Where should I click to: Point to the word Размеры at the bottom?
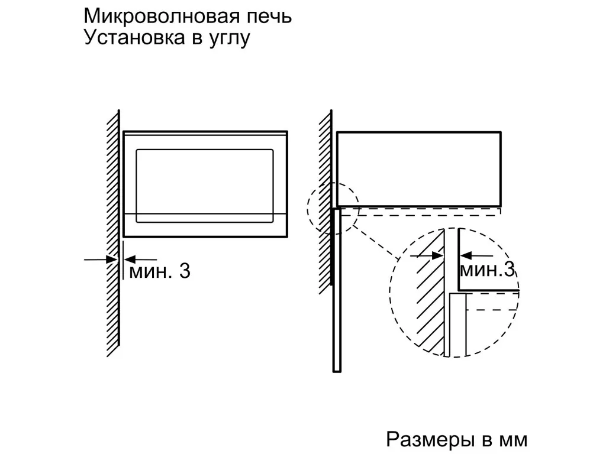coord(430,440)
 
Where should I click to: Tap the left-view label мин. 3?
coord(160,271)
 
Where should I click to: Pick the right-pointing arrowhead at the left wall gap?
coord(112,260)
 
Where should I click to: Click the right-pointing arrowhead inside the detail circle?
coord(437,255)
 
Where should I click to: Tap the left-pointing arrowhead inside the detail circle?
coord(466,255)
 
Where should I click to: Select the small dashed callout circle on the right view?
coord(307,208)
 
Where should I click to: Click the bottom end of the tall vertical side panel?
coord(337,371)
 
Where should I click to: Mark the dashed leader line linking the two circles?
coord(377,242)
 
